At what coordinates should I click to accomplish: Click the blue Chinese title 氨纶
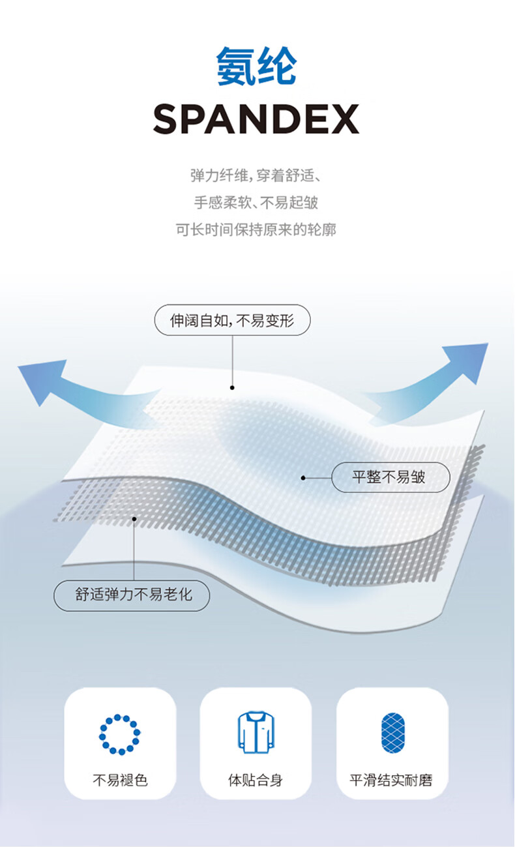(x=256, y=66)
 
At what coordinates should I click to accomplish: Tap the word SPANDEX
(x=256, y=119)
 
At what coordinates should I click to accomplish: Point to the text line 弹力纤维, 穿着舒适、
(x=256, y=176)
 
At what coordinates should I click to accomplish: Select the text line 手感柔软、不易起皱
(x=256, y=203)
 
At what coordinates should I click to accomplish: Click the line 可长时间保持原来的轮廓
(x=256, y=230)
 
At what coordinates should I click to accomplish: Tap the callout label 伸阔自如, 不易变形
(x=231, y=321)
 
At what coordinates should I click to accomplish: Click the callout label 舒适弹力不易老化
(x=132, y=595)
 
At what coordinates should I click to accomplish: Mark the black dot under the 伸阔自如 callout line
(x=232, y=387)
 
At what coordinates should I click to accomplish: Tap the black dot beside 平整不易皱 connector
(x=303, y=478)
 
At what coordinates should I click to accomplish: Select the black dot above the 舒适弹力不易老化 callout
(x=134, y=520)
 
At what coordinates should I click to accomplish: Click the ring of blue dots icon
(x=119, y=735)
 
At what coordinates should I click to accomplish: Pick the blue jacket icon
(x=256, y=733)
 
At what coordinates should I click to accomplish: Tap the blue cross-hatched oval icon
(x=393, y=734)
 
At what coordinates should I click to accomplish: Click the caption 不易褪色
(x=120, y=780)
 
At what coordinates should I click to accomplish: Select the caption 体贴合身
(x=256, y=780)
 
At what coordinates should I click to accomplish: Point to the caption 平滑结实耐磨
(x=391, y=780)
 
